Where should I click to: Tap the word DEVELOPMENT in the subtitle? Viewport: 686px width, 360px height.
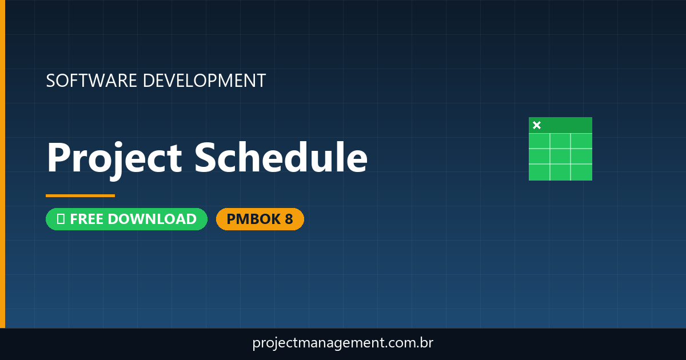(x=204, y=81)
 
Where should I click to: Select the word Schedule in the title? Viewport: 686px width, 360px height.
(x=281, y=157)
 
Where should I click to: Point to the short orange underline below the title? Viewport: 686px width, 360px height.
(x=80, y=195)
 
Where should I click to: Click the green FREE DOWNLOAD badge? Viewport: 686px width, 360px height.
(x=126, y=219)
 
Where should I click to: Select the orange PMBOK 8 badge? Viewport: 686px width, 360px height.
(x=260, y=219)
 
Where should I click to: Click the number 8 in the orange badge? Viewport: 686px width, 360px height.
(x=289, y=219)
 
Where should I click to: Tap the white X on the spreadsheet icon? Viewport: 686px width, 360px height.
(x=536, y=125)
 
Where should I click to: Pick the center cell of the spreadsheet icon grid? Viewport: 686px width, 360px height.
(x=560, y=156)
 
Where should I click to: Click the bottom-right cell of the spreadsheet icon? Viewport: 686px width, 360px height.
(x=581, y=171)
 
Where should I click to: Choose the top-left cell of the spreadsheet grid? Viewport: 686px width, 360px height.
(x=539, y=141)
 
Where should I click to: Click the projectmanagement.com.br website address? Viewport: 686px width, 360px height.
(x=342, y=343)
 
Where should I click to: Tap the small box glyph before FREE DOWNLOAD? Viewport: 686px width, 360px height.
(x=61, y=219)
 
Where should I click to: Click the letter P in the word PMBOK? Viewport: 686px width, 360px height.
(x=231, y=219)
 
